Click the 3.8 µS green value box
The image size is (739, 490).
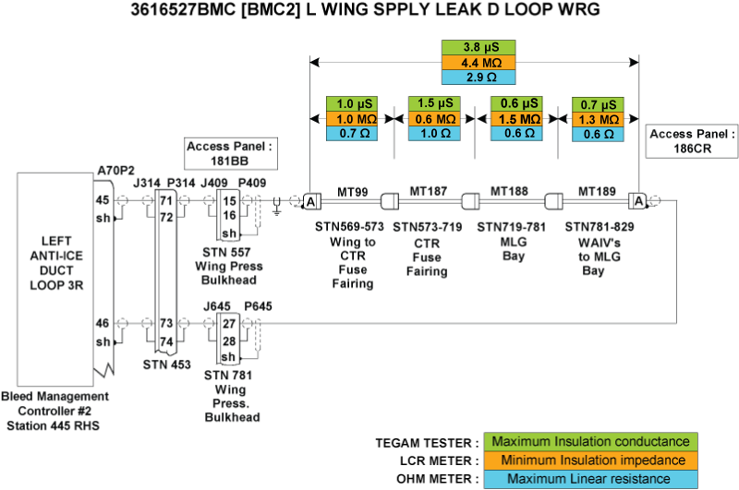(478, 47)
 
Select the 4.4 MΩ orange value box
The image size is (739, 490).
(478, 63)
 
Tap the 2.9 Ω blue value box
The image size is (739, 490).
(478, 78)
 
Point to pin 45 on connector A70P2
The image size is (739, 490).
(103, 200)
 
